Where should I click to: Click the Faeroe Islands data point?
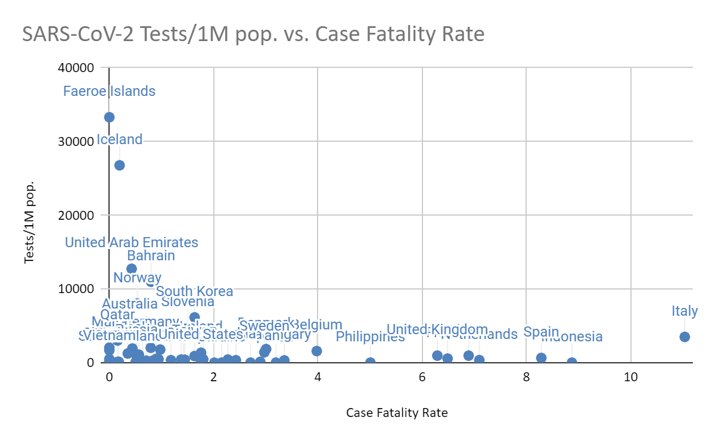[109, 117]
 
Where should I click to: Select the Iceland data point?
[119, 165]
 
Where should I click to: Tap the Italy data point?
[685, 337]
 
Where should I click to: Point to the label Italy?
[685, 311]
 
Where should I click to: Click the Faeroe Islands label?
[109, 91]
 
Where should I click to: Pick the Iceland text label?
[119, 139]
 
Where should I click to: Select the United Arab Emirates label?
[131, 242]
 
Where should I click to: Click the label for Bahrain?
[151, 256]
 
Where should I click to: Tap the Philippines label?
[370, 337]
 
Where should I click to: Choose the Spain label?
[541, 332]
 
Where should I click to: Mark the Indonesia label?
[572, 337]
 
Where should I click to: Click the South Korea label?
[194, 291]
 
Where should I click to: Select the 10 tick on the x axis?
[630, 377]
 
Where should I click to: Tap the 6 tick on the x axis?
[422, 377]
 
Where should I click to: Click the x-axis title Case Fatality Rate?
[397, 412]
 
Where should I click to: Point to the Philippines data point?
[370, 362]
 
